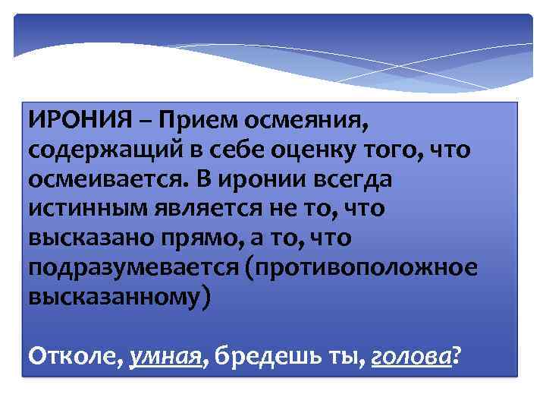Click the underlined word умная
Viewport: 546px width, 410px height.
tap(165, 354)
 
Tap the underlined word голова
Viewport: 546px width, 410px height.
tap(410, 354)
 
